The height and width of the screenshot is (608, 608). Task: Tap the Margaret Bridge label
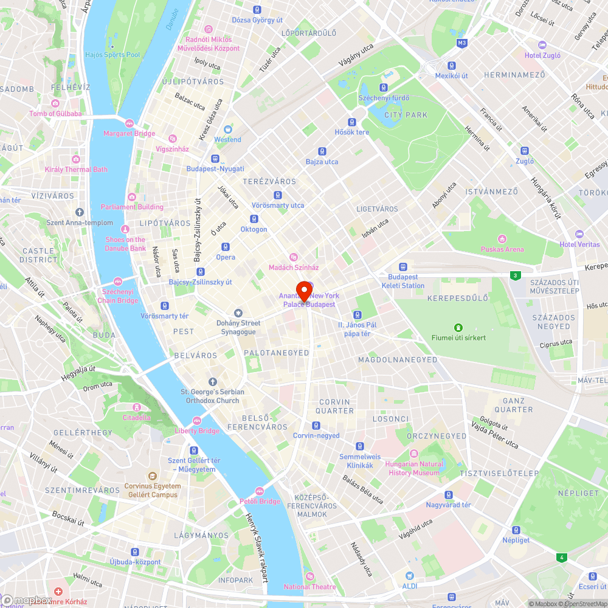point(129,134)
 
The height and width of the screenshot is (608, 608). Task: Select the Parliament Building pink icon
point(132,196)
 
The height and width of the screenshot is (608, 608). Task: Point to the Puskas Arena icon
point(502,238)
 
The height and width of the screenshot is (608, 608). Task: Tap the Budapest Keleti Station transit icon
point(402,267)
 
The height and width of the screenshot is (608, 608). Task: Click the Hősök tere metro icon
point(351,122)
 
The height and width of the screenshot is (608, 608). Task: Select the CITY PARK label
point(406,115)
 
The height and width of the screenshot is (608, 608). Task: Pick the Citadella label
point(136,418)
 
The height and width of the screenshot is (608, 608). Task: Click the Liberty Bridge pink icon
point(196,421)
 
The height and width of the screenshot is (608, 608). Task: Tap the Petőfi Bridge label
point(260,502)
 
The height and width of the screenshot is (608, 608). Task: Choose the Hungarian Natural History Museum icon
point(413,454)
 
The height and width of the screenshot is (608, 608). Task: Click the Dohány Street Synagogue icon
point(238,313)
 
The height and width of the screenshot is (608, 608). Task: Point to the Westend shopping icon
point(227,129)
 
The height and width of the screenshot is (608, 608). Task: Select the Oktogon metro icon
point(254,219)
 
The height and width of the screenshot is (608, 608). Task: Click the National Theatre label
point(309,587)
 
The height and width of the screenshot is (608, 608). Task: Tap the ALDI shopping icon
point(409,575)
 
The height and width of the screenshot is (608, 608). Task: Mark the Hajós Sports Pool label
point(113,55)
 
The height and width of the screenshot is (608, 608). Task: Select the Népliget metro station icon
point(516,530)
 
